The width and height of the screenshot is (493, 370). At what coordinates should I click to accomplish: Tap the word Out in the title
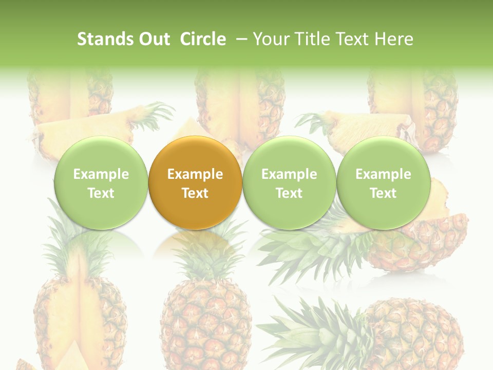point(155,39)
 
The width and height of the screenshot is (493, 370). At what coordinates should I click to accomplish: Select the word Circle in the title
point(203,39)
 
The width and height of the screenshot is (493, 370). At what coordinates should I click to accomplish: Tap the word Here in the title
point(394,39)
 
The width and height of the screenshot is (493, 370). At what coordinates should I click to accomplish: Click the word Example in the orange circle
point(195,174)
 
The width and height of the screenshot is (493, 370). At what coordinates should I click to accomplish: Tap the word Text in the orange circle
point(195,193)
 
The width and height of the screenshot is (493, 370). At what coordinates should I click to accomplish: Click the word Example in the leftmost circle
point(101,174)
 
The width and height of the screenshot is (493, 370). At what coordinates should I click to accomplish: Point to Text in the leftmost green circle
point(101,193)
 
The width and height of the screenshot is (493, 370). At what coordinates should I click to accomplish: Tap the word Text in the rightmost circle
point(383,193)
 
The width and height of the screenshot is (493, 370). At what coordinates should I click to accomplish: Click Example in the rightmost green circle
point(383,174)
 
